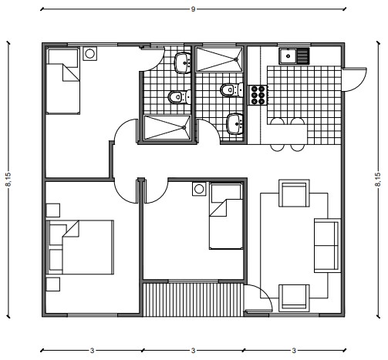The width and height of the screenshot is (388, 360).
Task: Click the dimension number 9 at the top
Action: tap(193, 9)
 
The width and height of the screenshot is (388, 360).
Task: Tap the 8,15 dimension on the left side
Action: tap(8, 180)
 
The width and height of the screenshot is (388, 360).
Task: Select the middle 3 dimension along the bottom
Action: tap(193, 351)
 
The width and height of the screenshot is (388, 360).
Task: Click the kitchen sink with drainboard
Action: tap(295, 56)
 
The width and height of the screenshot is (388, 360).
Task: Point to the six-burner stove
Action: tap(258, 96)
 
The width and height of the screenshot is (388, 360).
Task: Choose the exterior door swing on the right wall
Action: tap(354, 79)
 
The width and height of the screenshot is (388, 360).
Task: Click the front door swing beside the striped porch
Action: tap(258, 298)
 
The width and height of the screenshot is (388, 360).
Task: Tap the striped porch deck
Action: tap(193, 300)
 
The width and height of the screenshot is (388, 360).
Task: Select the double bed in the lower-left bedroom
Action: tap(80, 247)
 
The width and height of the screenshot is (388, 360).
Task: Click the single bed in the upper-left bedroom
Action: tap(63, 80)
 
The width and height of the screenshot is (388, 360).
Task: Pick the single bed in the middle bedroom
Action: tap(226, 216)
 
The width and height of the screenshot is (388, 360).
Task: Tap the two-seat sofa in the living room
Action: tap(327, 246)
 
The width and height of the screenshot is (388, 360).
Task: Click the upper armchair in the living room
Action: tap(294, 193)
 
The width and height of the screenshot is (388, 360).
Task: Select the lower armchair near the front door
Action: tap(294, 298)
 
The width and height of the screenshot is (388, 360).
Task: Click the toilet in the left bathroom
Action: tap(180, 97)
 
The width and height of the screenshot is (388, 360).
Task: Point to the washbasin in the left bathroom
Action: tap(183, 63)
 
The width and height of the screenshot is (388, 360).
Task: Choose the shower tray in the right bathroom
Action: tap(219, 59)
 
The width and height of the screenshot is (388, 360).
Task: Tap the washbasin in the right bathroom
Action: tap(234, 124)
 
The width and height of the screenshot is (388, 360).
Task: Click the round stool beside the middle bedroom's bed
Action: tap(199, 189)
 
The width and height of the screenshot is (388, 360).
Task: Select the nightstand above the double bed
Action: tap(53, 210)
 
